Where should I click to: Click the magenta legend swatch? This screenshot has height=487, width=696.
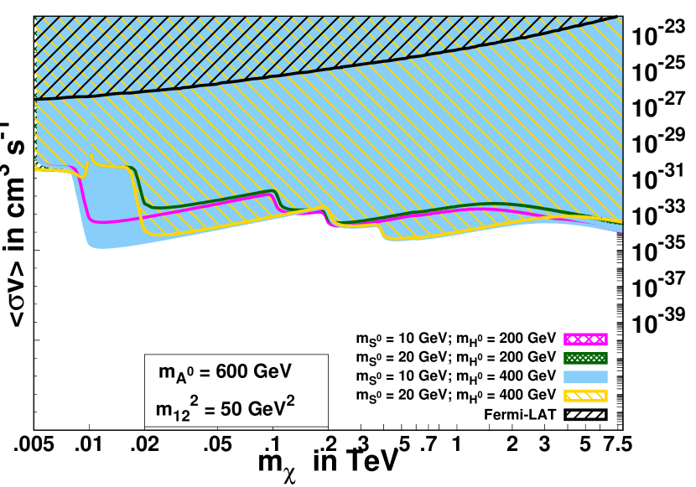point(585,339)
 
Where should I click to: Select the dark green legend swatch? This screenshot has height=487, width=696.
point(585,358)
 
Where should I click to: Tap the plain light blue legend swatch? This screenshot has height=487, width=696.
point(585,377)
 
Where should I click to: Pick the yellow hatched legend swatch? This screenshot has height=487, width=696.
point(585,396)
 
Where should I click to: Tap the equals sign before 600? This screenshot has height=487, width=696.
point(204,372)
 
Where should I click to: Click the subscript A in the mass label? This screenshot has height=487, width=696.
point(180,378)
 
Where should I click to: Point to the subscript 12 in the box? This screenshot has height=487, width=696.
point(182,416)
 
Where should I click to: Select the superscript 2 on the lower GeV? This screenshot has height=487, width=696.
point(290,401)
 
